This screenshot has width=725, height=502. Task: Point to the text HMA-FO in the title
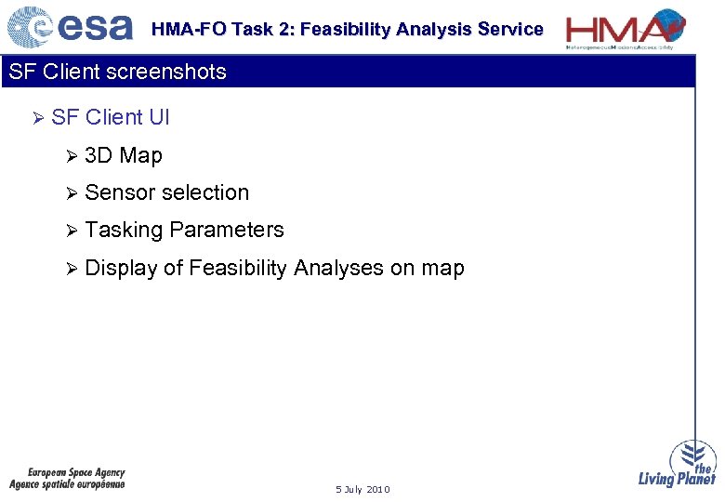click(x=189, y=30)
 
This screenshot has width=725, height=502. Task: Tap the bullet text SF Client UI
click(x=111, y=117)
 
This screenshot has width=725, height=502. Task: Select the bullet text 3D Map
click(x=123, y=155)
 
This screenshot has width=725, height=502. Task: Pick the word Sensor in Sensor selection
click(x=118, y=192)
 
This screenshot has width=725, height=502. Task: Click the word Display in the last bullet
click(x=120, y=268)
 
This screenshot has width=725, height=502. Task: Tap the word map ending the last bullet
click(x=442, y=268)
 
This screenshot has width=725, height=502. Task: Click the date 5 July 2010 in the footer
click(x=362, y=489)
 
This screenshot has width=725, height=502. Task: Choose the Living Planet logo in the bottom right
click(x=679, y=464)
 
